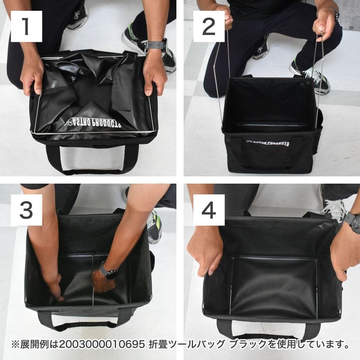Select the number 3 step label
(26, 210)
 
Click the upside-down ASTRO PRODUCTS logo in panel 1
(96, 122)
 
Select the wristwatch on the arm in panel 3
(108, 272)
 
